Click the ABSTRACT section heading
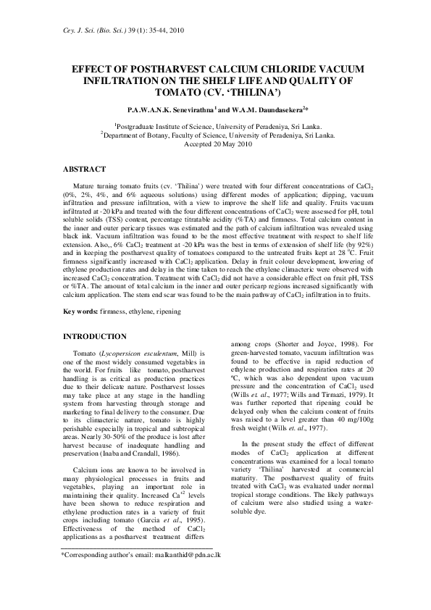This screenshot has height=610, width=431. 86,168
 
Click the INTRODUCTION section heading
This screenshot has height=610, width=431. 96,337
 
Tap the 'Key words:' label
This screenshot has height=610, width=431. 84,312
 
